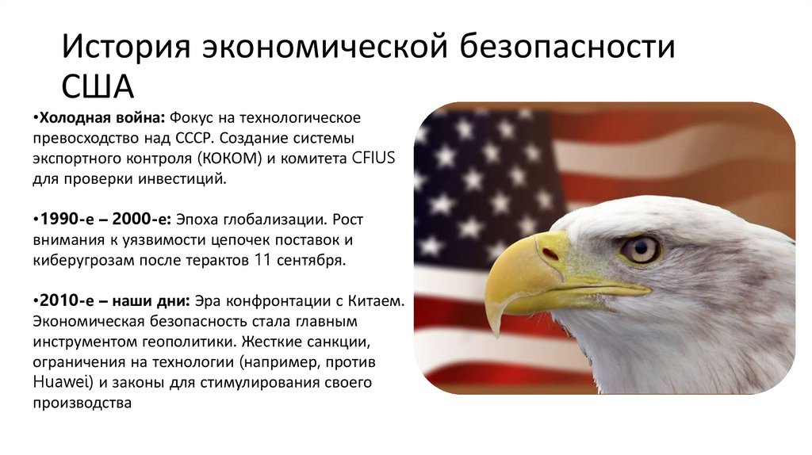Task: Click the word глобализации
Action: click(277, 220)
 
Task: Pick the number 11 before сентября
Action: click(272, 261)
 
